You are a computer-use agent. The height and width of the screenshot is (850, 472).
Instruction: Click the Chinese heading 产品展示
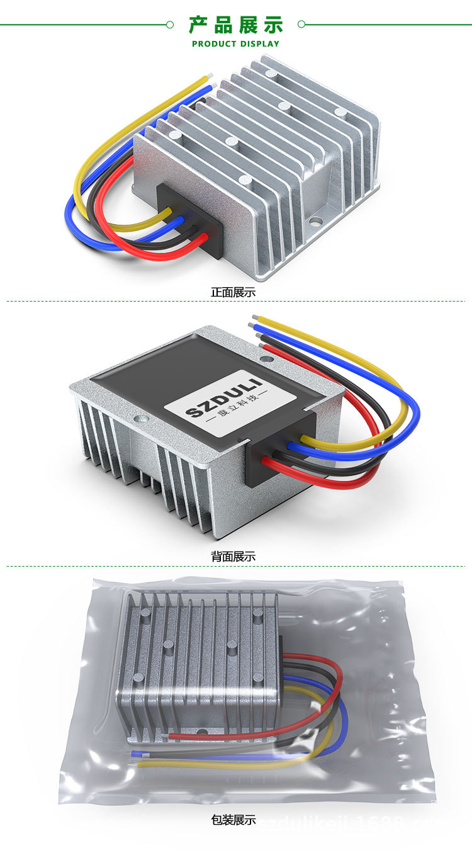click(236, 25)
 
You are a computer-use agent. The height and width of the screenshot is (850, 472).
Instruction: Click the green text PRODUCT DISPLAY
click(235, 44)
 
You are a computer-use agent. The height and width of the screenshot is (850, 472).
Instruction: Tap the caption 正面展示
click(233, 292)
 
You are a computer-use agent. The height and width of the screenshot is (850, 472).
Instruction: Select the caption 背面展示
click(233, 557)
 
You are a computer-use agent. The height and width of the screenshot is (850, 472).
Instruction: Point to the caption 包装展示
click(233, 820)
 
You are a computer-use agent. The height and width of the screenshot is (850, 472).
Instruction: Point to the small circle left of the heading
click(169, 25)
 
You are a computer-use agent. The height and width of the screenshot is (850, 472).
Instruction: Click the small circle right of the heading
click(301, 25)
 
